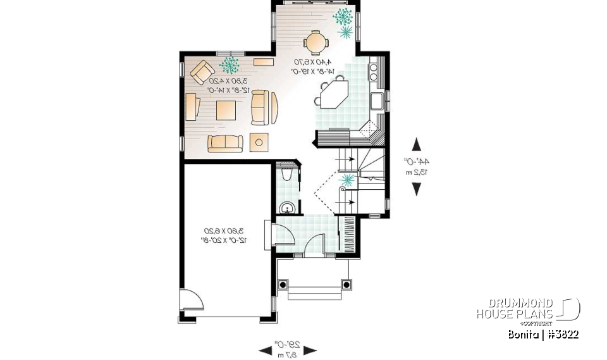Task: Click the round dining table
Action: click(315, 42)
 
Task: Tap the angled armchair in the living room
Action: click(202, 72)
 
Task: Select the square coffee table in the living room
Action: click(226, 110)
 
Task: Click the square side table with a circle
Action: click(259, 142)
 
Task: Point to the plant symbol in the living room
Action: click(229, 64)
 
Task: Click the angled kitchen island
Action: click(333, 96)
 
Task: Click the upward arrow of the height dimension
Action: click(417, 144)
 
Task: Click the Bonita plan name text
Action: click(543, 334)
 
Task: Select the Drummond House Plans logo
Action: click(527, 309)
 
